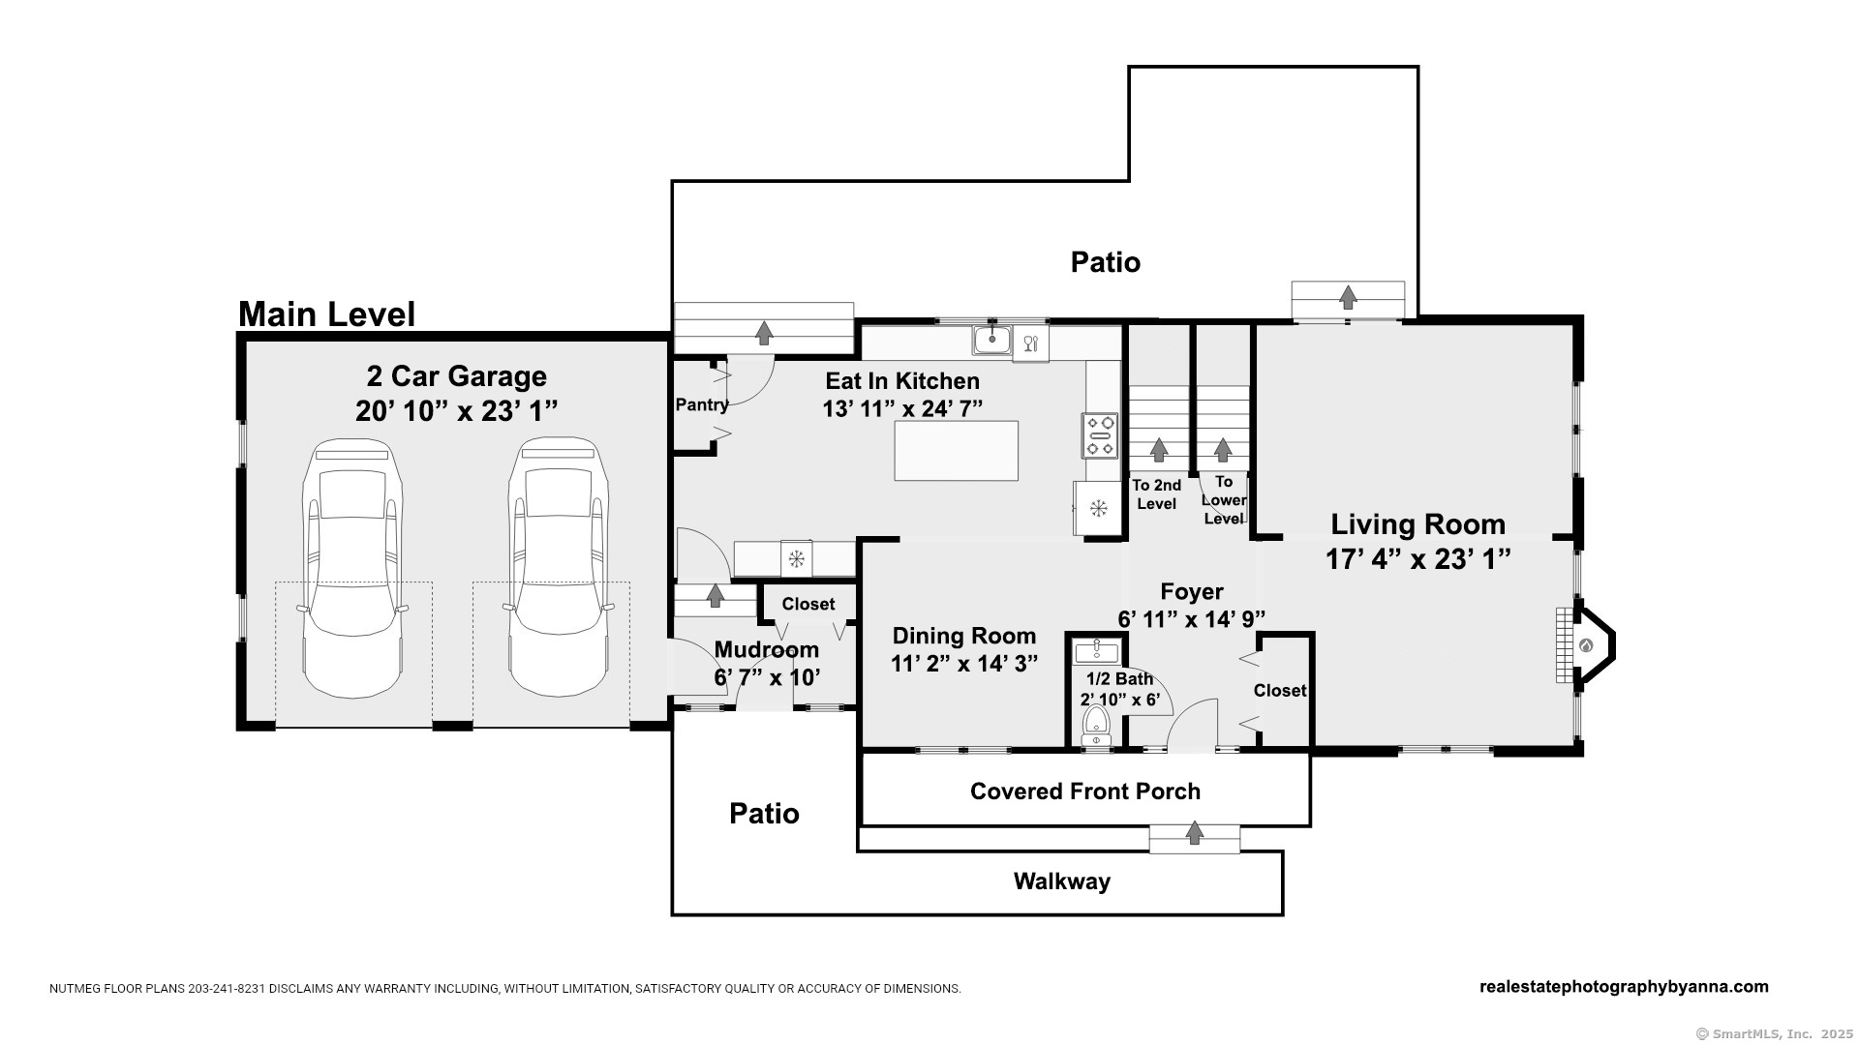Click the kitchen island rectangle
coord(956,451)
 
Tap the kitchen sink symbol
coord(992,341)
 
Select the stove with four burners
coord(1100,435)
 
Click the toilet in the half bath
coord(1096,725)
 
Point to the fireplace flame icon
coord(1586,645)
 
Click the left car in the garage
coord(351,568)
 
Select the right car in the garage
coord(558,568)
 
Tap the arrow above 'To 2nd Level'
coord(1158,450)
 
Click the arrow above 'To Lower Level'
coord(1223,450)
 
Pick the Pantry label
coord(702,404)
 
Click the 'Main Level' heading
coord(326,314)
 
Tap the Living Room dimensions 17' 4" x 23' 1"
coord(1418,558)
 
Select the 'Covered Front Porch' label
coord(1085,791)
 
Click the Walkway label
coord(1062,881)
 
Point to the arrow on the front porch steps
coord(1195,832)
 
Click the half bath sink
coord(1097,650)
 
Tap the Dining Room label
coord(964,636)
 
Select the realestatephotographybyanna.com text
coord(1624,987)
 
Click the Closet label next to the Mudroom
coord(808,604)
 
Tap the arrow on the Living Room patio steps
coord(1348,297)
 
